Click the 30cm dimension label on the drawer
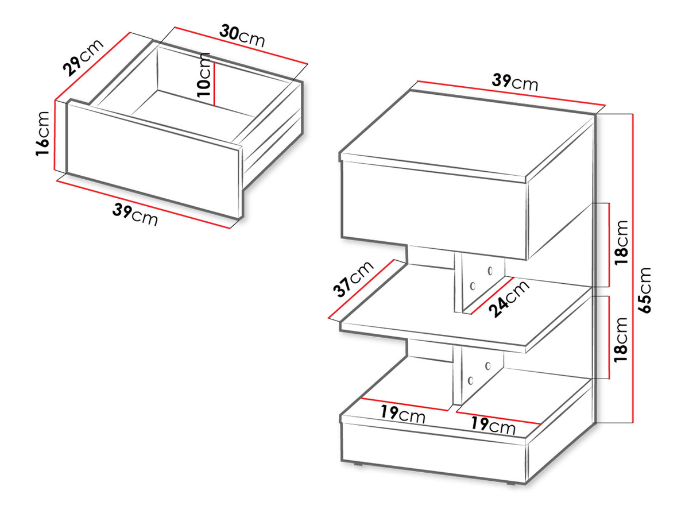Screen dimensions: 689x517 (242, 36)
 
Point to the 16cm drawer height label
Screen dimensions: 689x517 (42, 133)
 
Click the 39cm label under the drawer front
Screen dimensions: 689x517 (135, 214)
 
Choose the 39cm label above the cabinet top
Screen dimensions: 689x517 (514, 82)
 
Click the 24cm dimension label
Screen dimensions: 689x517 (509, 298)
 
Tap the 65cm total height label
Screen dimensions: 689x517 (644, 290)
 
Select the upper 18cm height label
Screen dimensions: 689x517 (621, 243)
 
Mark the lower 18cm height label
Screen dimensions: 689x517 (621, 339)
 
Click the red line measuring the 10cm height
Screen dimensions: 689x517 (214, 84)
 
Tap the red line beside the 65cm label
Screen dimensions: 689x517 (633, 269)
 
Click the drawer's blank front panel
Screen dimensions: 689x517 (154, 160)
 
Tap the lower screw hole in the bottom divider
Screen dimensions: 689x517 (470, 380)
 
